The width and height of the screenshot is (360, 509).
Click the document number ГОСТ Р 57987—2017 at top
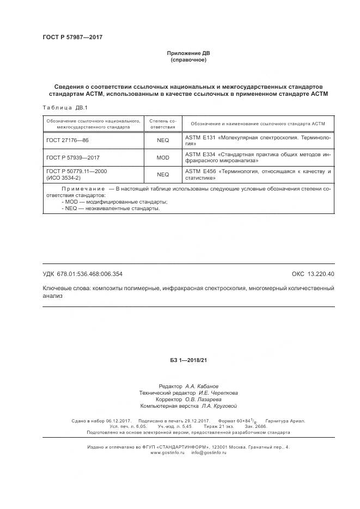72,38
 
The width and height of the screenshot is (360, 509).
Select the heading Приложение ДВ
188,53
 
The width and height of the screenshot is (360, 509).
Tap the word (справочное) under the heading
188,60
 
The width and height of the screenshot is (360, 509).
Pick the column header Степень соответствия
163,124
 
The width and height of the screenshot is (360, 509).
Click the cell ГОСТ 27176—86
67,140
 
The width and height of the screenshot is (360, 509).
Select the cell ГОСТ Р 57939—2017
72,157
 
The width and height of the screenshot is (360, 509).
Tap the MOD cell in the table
163,157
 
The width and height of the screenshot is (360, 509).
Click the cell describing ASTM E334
258,158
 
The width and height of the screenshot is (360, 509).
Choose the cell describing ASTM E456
258,174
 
